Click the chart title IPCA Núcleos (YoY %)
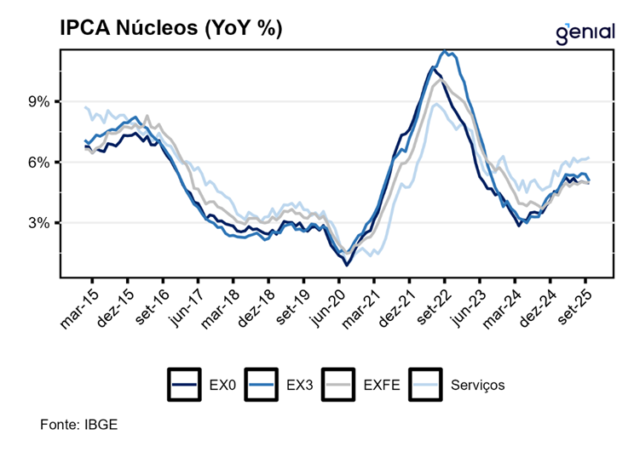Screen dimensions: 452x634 (x=170, y=27)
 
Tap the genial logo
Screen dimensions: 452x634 (x=585, y=31)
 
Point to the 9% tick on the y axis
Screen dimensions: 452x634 (x=41, y=102)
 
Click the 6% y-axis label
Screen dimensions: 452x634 (x=41, y=163)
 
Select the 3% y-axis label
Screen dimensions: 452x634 (x=41, y=223)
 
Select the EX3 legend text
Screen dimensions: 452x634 (x=300, y=385)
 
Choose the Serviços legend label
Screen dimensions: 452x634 (x=478, y=385)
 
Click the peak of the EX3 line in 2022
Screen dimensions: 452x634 (x=445, y=52)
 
